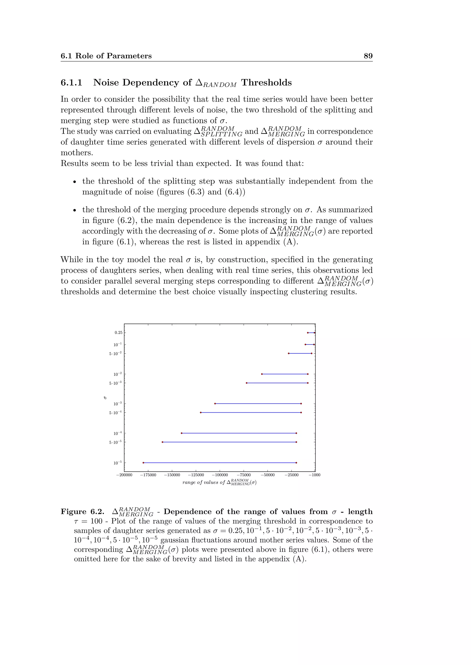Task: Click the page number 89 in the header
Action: tap(368, 56)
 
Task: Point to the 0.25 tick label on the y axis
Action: tap(118, 332)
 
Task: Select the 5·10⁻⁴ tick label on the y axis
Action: tap(115, 412)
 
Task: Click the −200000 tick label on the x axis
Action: tap(124, 475)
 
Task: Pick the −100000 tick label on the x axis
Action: tap(220, 475)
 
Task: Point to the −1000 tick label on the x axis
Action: tap(314, 475)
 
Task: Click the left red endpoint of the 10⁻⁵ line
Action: tap(143, 463)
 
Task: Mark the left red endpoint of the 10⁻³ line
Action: tap(215, 403)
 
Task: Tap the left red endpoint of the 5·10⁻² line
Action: tap(289, 353)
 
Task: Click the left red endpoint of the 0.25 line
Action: tap(308, 333)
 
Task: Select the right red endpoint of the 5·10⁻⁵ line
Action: tap(296, 442)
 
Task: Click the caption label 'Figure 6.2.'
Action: tap(82, 512)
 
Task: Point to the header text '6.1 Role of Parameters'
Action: tap(106, 56)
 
